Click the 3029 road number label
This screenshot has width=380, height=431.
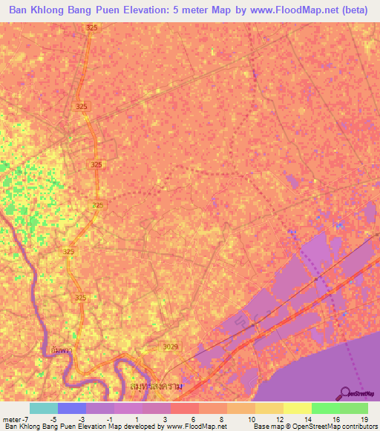[170, 346]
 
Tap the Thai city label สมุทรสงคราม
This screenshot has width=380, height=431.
[154, 386]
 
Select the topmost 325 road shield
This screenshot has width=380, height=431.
[91, 27]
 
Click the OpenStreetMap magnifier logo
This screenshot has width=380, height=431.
[346, 392]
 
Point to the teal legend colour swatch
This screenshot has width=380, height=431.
[43, 408]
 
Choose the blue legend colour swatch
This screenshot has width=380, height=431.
[71, 408]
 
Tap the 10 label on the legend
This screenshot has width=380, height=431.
[252, 418]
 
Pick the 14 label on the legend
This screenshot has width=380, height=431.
[308, 418]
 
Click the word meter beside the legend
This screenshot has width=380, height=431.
[13, 418]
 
